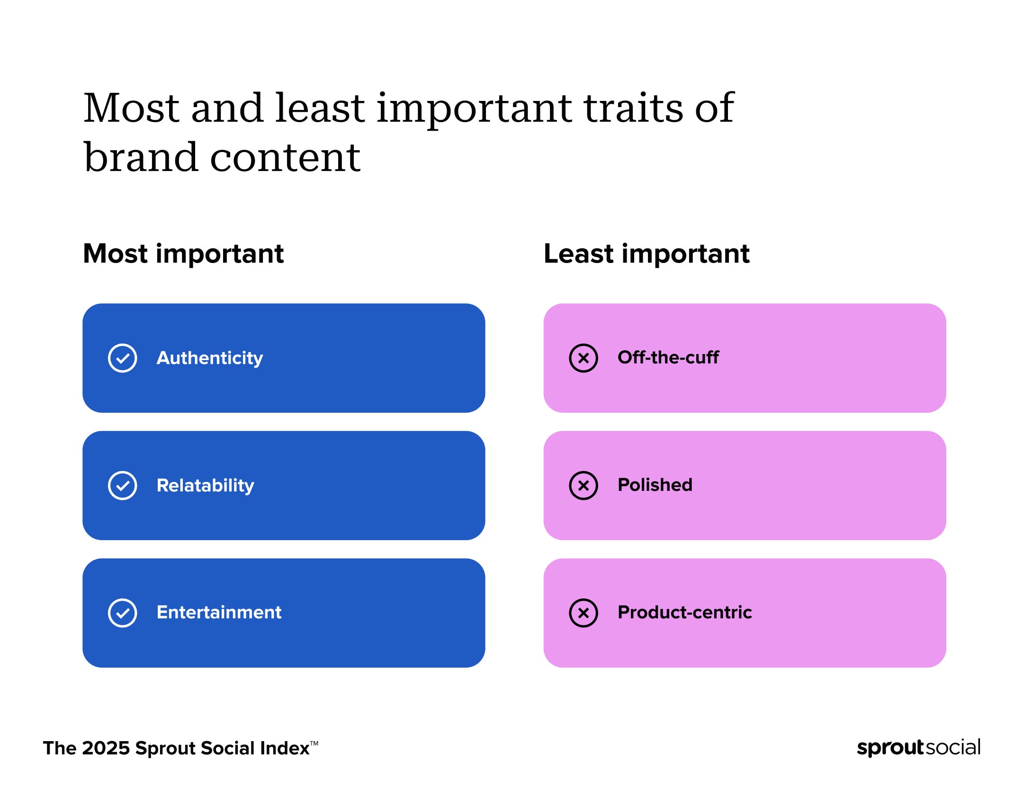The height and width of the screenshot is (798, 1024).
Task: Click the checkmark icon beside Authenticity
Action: pos(122,358)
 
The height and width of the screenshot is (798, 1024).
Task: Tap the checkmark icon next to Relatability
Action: pos(122,485)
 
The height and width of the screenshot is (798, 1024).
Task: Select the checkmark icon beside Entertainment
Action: pos(122,613)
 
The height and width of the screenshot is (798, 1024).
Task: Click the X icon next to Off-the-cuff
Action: pos(583,358)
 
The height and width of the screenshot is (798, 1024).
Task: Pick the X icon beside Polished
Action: pos(583,485)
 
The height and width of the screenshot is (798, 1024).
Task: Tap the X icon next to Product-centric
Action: pos(583,613)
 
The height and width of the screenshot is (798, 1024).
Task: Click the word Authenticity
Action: pos(209,358)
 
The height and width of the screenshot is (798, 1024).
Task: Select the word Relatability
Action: pos(205,485)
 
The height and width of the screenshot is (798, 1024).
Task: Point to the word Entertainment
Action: pos(219,612)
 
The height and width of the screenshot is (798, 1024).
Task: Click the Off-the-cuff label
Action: pos(668,357)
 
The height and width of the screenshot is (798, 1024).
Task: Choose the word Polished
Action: pos(655,485)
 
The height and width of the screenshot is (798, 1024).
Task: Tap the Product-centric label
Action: pos(684,612)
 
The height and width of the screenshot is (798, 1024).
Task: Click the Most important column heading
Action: pos(183,254)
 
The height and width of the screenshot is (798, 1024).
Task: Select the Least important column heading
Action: pos(646,254)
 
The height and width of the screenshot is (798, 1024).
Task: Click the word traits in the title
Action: pos(633,108)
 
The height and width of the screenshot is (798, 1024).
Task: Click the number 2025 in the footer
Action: pos(105,748)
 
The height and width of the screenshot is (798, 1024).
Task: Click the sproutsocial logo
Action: pos(918,747)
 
